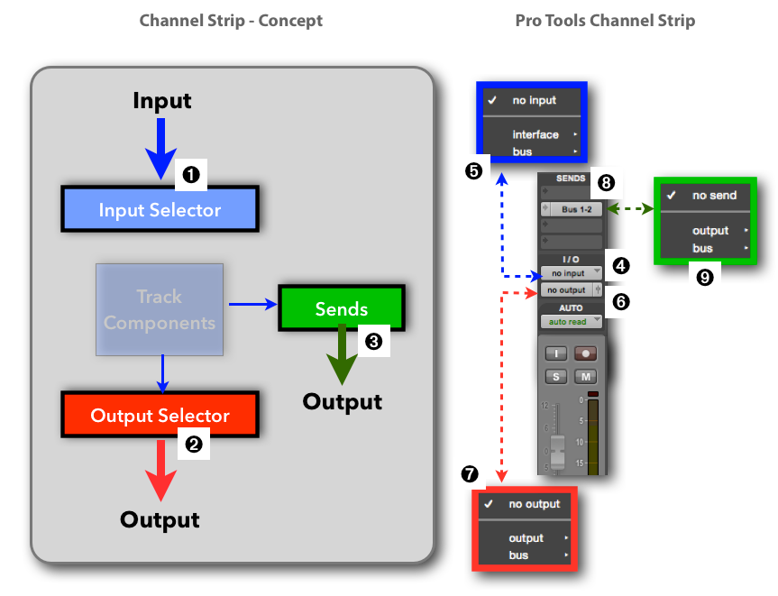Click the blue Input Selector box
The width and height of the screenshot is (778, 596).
tap(160, 209)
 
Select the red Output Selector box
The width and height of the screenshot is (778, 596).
tap(160, 416)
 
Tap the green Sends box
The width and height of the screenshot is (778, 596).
tap(342, 309)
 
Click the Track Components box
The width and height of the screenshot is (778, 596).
tap(160, 309)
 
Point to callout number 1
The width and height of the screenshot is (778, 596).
tap(191, 174)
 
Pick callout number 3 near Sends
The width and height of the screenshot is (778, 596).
tap(371, 340)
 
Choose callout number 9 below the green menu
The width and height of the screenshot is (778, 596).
tap(705, 278)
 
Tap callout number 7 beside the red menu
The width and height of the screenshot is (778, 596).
tap(470, 473)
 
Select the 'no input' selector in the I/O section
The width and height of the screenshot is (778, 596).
tap(569, 273)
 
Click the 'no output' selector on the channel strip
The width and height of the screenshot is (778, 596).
tap(568, 290)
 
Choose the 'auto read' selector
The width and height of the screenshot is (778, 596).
tap(569, 322)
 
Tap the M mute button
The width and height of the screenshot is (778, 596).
tap(586, 376)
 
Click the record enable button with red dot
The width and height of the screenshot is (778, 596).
tap(586, 353)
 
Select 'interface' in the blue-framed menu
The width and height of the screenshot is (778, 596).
tap(535, 134)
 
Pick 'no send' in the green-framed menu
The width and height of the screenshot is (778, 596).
tap(714, 195)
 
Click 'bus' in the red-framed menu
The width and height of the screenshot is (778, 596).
tap(518, 555)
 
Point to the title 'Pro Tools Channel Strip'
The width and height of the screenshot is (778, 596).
tap(605, 20)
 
